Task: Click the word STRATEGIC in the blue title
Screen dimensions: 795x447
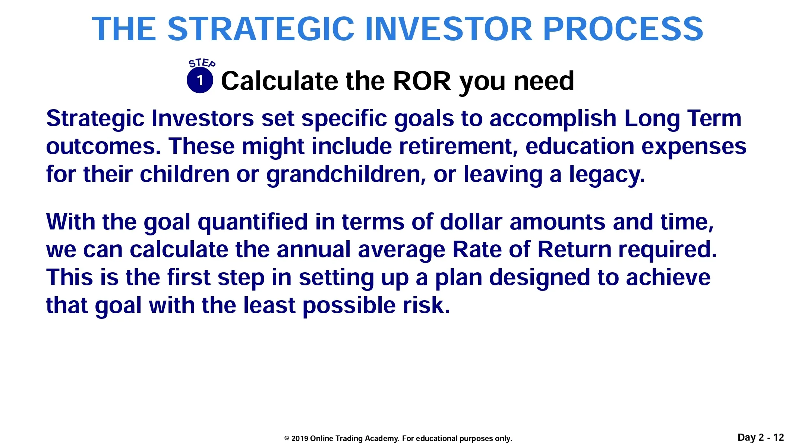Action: click(261, 29)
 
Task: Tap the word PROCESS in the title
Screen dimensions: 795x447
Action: click(623, 29)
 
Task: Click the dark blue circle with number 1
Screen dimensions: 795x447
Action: click(200, 80)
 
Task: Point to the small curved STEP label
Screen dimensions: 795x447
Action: click(202, 63)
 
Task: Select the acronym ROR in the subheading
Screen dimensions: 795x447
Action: click(422, 81)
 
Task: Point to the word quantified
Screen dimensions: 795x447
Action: click(252, 222)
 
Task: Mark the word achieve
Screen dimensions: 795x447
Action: click(668, 278)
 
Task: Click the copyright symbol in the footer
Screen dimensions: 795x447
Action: click(287, 438)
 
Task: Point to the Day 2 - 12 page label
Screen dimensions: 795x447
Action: click(761, 437)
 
